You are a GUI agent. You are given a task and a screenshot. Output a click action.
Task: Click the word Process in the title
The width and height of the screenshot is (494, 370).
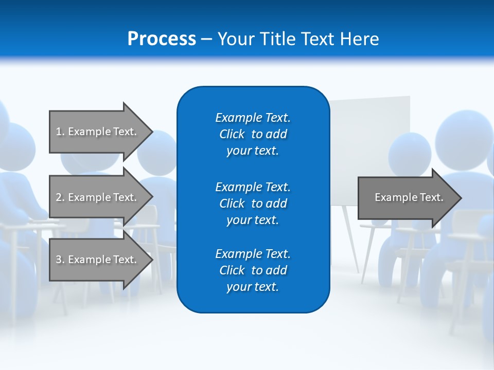click(x=162, y=39)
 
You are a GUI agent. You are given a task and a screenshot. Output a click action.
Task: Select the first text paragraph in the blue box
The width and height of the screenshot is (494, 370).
click(x=253, y=134)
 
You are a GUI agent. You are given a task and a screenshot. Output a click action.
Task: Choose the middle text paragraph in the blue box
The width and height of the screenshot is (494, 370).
click(x=253, y=203)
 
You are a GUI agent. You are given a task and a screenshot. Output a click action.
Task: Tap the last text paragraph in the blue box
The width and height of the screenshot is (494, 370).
click(x=253, y=270)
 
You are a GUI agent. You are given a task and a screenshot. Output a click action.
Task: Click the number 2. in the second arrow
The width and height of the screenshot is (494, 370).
click(x=60, y=197)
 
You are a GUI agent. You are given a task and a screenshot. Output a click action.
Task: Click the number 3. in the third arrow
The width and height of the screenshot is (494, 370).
click(x=60, y=260)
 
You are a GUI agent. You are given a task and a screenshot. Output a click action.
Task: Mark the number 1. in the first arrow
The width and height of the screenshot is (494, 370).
click(x=60, y=132)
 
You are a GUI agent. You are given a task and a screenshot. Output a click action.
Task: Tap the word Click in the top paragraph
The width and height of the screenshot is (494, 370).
click(x=232, y=134)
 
